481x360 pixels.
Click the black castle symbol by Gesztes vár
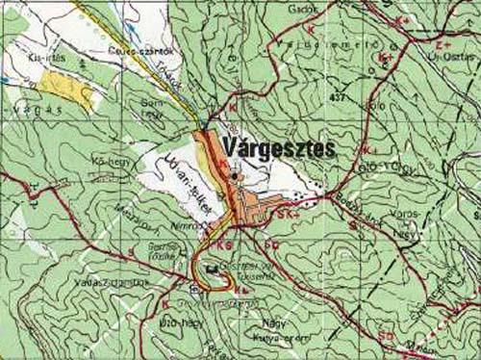pyautogui.click(x=212, y=270)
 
